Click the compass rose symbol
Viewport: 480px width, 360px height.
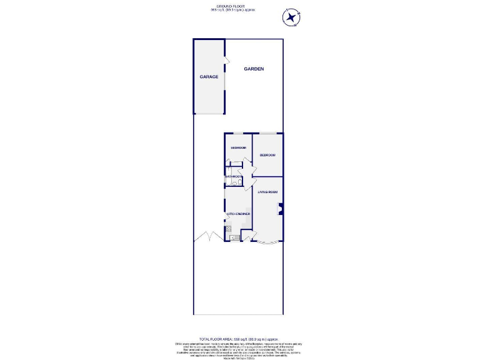click(x=291, y=18)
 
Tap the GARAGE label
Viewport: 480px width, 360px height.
click(x=209, y=77)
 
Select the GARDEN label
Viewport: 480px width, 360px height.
click(x=254, y=69)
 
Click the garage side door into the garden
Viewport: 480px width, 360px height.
click(x=226, y=61)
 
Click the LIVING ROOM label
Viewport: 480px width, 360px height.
click(x=267, y=192)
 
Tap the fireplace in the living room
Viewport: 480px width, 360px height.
click(x=281, y=209)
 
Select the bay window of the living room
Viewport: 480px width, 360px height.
click(x=269, y=244)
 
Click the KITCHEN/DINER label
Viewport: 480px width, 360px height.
click(x=238, y=214)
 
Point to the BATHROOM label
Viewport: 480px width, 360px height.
click(x=234, y=176)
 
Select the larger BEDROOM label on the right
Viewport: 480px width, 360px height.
click(x=267, y=154)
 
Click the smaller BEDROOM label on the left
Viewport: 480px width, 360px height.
click(x=238, y=147)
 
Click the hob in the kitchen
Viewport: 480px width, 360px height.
click(x=228, y=229)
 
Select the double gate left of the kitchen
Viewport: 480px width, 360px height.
click(x=206, y=237)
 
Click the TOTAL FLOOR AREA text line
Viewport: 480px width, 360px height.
click(x=240, y=337)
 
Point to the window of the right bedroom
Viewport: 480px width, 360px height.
click(x=268, y=133)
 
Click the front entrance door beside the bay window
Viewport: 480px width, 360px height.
click(x=248, y=237)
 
